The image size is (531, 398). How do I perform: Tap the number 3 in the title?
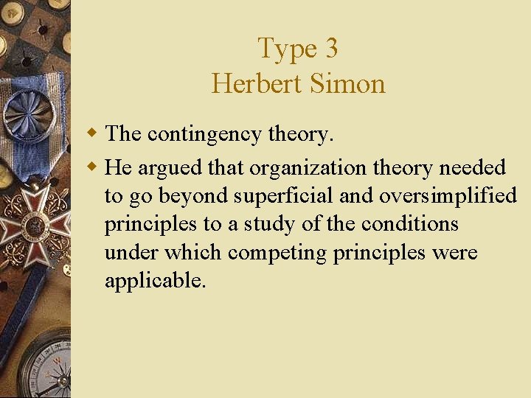pyautogui.click(x=330, y=49)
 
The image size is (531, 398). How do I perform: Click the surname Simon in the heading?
pyautogui.click(x=347, y=83)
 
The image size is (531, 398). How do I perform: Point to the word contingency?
pyautogui.click(x=204, y=135)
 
